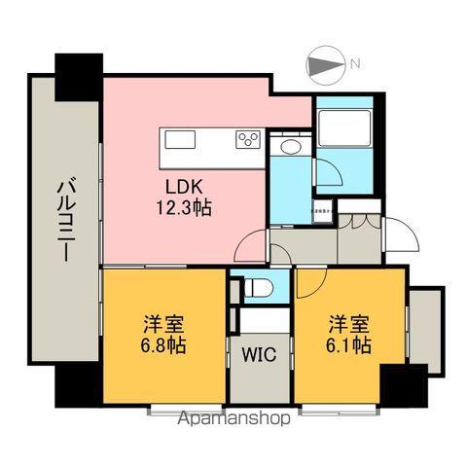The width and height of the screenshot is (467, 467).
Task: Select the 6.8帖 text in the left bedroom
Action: [163, 345]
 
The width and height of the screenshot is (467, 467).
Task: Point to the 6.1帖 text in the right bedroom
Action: [346, 345]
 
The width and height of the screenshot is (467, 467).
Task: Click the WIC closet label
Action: [260, 355]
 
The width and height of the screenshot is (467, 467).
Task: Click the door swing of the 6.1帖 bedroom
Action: [311, 283]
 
